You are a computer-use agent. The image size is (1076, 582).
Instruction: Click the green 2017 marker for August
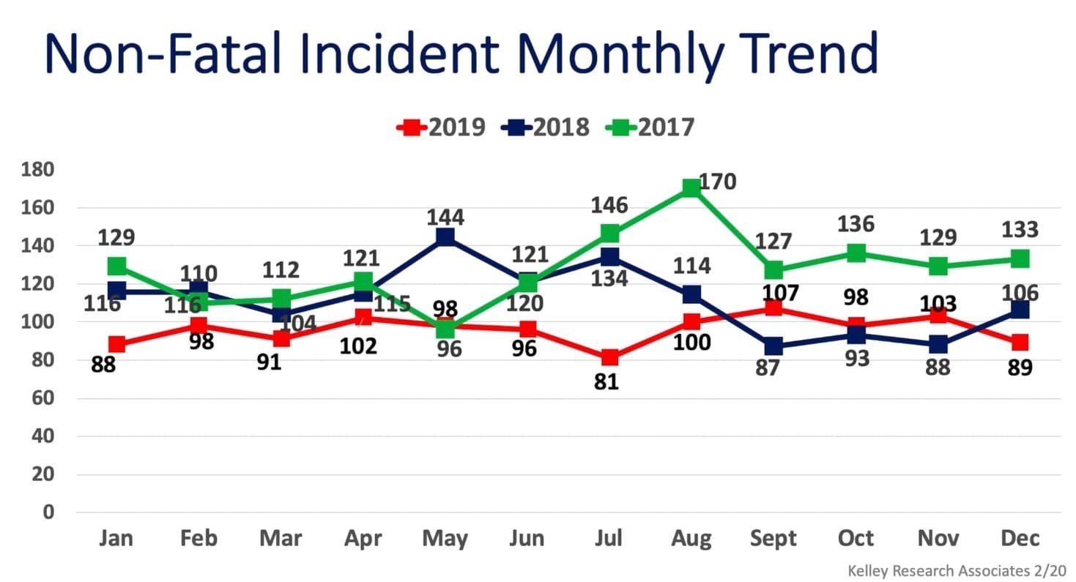[x=690, y=188]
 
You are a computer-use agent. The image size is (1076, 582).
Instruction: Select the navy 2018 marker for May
[x=445, y=237]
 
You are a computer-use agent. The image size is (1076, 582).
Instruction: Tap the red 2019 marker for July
[x=609, y=358]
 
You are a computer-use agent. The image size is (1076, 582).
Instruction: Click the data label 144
[x=445, y=217]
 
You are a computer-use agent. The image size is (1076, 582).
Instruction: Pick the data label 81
[x=607, y=381]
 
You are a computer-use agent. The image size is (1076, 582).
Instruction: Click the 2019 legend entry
[x=441, y=127]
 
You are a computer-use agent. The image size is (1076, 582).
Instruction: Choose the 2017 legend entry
[x=650, y=127]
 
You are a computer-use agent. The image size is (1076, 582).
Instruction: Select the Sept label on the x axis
[x=773, y=539]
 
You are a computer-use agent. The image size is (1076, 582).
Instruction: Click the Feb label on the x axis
[x=198, y=539]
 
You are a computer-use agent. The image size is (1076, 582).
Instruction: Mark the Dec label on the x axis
[x=1020, y=539]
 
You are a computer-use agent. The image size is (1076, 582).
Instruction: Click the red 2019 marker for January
[x=116, y=344]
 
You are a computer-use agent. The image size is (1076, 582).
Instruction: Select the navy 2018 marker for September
[x=773, y=346]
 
